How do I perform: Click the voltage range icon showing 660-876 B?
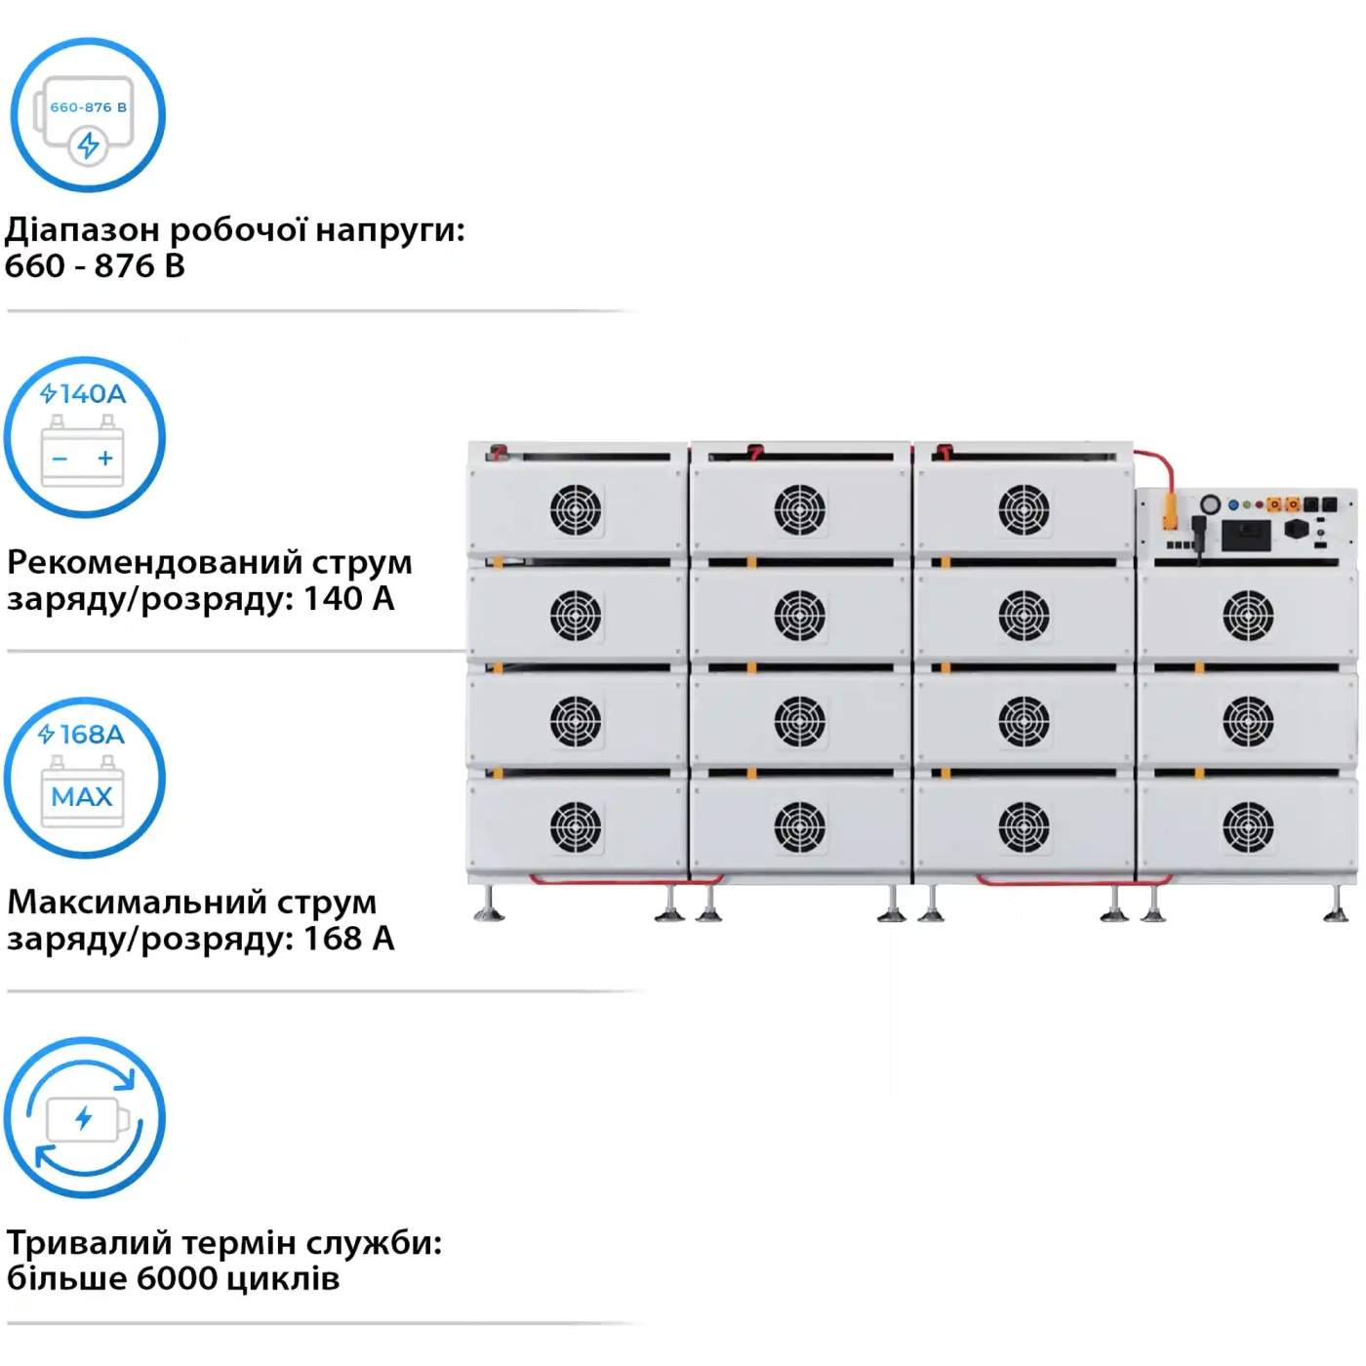pyautogui.click(x=88, y=115)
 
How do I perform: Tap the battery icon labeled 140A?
pyautogui.click(x=84, y=437)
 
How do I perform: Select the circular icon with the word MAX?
pyautogui.click(x=84, y=778)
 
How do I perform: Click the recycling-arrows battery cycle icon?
pyautogui.click(x=84, y=1117)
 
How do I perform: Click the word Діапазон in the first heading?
pyautogui.click(x=82, y=230)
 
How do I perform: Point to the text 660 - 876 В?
pyautogui.click(x=95, y=266)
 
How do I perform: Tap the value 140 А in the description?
pyautogui.click(x=348, y=599)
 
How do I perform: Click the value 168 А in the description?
pyautogui.click(x=348, y=939)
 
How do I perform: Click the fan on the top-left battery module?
pyautogui.click(x=575, y=509)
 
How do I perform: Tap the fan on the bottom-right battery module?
pyautogui.click(x=1248, y=827)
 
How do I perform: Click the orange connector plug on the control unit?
pyautogui.click(x=1170, y=510)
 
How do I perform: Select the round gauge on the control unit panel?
pyautogui.click(x=1210, y=504)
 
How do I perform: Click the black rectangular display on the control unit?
pyautogui.click(x=1246, y=535)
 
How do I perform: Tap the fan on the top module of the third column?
pyautogui.click(x=1024, y=509)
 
